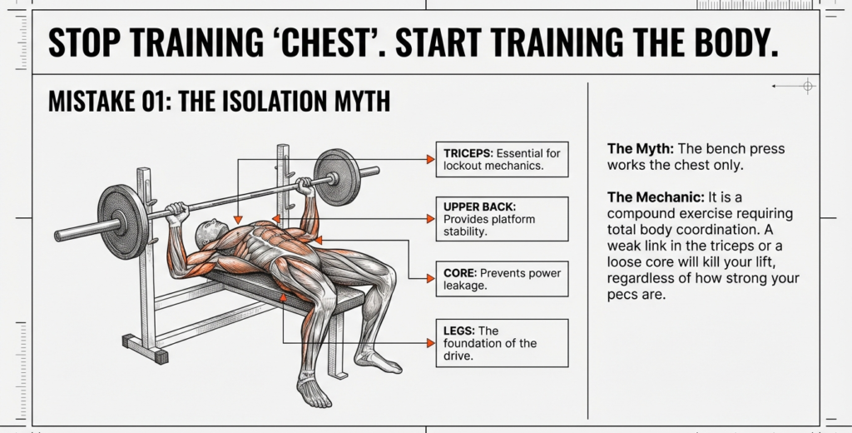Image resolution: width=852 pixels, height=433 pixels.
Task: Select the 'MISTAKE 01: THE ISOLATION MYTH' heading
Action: [219, 102]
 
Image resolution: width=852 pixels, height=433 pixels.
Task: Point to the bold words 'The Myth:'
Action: [640, 149]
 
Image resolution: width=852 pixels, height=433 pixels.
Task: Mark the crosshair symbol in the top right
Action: [807, 86]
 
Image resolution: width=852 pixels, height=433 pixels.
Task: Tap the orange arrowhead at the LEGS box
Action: [430, 343]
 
